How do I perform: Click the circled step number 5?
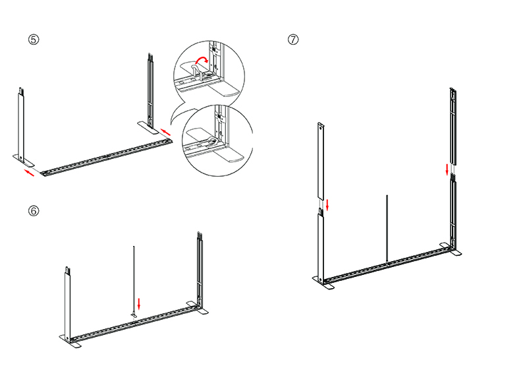[34, 40]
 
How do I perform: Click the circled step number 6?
[34, 211]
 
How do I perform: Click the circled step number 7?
[293, 40]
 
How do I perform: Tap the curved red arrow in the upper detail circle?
[202, 60]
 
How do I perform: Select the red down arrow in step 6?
[139, 303]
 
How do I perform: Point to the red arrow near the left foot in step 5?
[29, 173]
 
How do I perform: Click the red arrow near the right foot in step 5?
[166, 132]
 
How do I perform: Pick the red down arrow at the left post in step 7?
[327, 204]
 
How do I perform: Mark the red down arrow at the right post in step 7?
[447, 169]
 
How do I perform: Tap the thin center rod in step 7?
[387, 229]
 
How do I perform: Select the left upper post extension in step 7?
[321, 161]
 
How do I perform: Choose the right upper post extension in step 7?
[453, 126]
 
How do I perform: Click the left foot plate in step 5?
[24, 160]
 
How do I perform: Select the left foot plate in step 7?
[323, 283]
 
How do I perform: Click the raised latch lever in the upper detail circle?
[196, 70]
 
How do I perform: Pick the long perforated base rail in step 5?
[106, 157]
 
